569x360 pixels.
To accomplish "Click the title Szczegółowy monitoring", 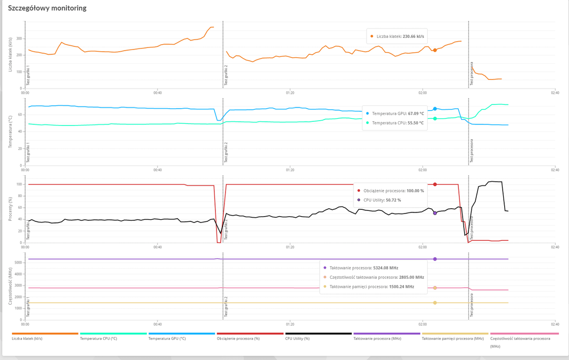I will coord(47,8).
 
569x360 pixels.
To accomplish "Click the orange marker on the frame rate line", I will coord(435,50).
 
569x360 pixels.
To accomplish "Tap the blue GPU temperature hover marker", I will coord(435,109).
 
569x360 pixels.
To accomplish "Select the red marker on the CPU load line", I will coord(435,184).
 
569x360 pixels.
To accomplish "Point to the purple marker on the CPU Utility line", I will coord(435,213).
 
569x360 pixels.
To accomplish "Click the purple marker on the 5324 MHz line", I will coord(435,259).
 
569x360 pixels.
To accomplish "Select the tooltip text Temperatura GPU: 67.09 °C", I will coord(398,113).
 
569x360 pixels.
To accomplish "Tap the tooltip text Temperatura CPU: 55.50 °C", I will coord(398,123).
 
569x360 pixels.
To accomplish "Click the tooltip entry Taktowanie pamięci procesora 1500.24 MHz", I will coord(371,287).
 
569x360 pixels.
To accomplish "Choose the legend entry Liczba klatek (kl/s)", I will coord(27,339).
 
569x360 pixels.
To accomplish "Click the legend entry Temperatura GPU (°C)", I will coord(167,339).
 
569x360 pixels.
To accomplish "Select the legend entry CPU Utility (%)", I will coord(298,339).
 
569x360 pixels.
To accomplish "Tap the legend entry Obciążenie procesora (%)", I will coord(239,339).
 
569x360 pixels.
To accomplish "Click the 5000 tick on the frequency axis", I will coord(17,262).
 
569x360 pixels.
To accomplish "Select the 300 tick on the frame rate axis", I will coord(19,38).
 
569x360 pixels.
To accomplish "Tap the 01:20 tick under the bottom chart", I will coord(290,324).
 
